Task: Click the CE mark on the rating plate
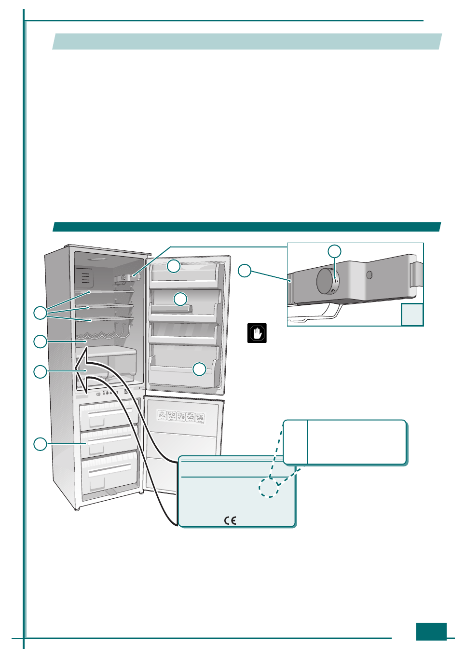(230, 520)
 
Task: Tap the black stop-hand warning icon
(257, 333)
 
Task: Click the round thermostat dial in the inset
(328, 281)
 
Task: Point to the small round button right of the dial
(369, 275)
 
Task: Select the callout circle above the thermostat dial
(334, 251)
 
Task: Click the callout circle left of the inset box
(245, 271)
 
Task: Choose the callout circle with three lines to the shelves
(40, 313)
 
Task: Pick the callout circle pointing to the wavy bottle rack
(40, 342)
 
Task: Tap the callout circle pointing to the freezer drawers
(40, 444)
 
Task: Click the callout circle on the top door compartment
(174, 266)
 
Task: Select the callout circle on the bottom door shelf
(199, 369)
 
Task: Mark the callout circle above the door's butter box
(180, 299)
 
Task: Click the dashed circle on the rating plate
(269, 487)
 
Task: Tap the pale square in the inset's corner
(412, 314)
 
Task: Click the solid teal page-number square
(431, 631)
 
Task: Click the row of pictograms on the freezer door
(181, 416)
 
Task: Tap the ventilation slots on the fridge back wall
(85, 278)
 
